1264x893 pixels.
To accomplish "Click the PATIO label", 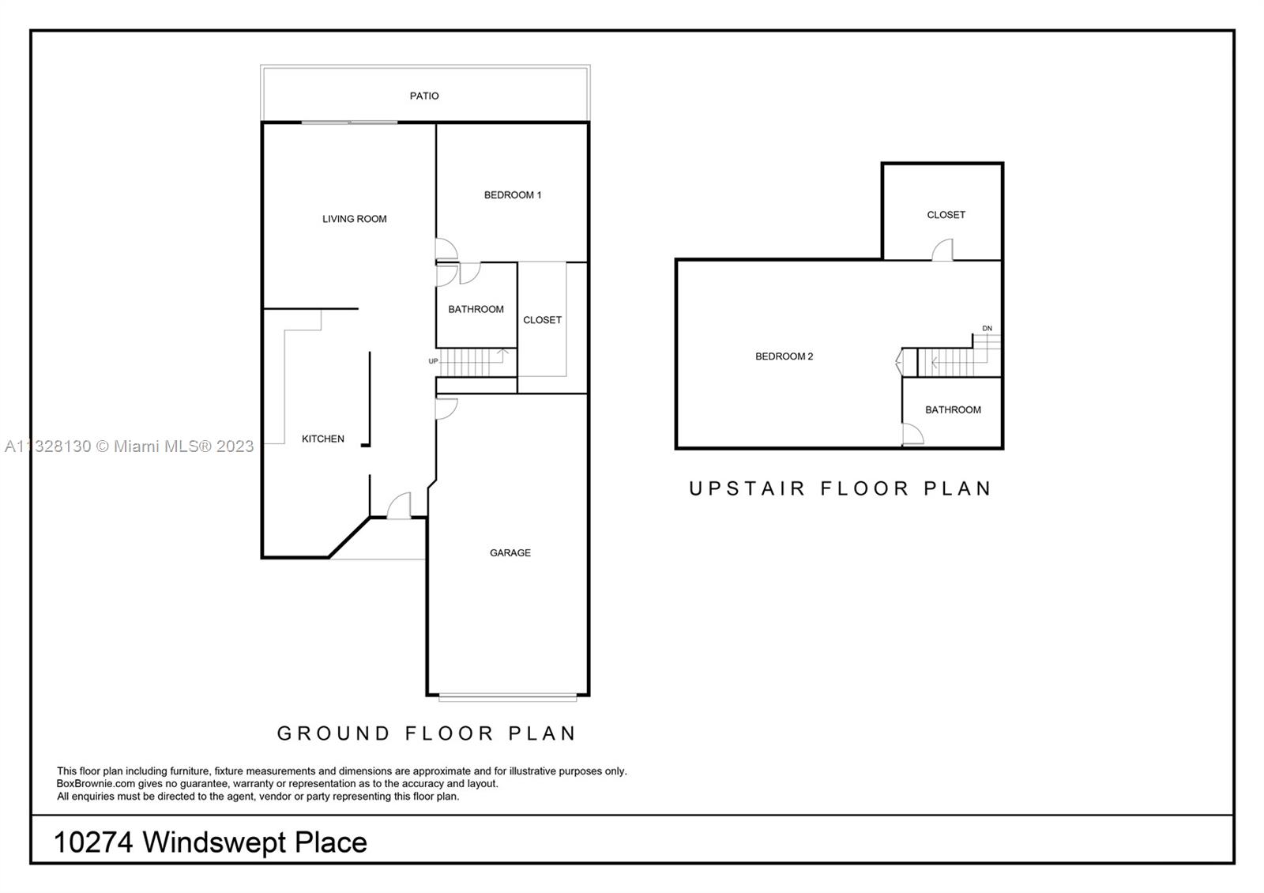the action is tap(424, 96).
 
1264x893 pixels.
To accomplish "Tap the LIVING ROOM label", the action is tap(355, 219).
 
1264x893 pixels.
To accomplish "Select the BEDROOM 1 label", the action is tap(513, 195).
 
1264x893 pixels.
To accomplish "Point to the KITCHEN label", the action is tap(323, 439).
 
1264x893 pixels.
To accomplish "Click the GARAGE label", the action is tap(510, 553).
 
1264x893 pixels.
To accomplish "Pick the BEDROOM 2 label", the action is tap(784, 356).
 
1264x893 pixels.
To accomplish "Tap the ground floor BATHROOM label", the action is tap(476, 309).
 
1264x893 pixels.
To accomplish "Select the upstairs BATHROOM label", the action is tap(953, 410).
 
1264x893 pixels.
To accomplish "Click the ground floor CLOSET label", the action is tap(542, 320).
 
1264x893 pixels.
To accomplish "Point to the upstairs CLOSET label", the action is tap(946, 215).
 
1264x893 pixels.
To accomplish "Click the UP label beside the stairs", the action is tap(433, 361).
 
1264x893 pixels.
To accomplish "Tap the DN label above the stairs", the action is tap(987, 329).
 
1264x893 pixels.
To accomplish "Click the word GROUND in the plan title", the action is tap(333, 733).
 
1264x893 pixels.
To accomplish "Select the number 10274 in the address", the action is tap(94, 842).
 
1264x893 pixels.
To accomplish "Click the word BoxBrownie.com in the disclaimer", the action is tap(96, 784).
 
